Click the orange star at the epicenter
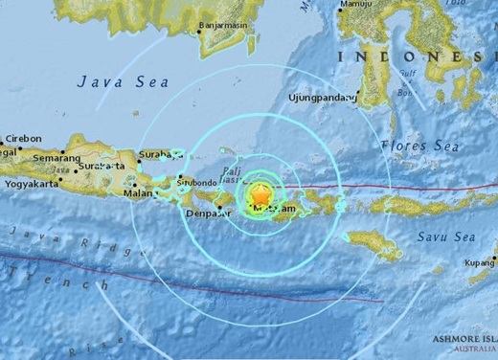pyautogui.click(x=259, y=194)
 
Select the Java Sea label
pyautogui.click(x=117, y=86)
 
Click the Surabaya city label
pyautogui.click(x=158, y=151)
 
